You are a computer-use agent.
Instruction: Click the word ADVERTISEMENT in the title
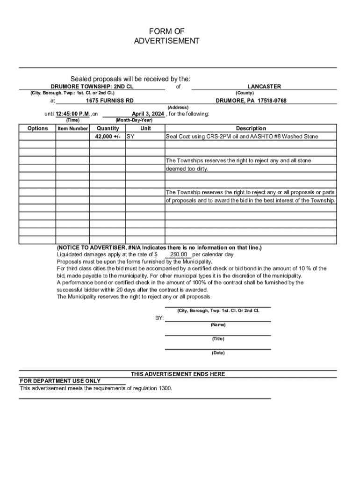point(166,41)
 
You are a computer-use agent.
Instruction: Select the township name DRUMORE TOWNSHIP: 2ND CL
point(92,87)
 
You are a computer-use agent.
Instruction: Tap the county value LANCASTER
point(264,87)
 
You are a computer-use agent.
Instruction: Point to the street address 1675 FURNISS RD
point(110,101)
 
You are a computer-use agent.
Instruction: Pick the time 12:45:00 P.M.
point(72,114)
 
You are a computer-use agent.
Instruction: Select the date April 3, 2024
point(148,114)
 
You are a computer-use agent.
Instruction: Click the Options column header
point(37,129)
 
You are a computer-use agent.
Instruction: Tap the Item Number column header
point(72,129)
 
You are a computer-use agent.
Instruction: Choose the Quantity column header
point(108,129)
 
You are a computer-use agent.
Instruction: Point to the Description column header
point(251,129)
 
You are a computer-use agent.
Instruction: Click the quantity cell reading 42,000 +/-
point(108,137)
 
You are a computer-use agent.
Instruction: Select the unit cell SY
point(131,137)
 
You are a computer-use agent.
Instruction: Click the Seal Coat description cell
point(242,137)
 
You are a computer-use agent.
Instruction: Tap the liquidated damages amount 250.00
point(178,254)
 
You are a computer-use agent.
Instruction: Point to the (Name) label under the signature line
point(218,325)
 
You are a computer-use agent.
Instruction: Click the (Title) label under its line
point(218,339)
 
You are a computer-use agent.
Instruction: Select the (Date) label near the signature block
point(218,353)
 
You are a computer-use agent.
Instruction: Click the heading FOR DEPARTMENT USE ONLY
point(60,381)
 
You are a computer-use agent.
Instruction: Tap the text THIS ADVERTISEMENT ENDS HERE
point(178,374)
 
